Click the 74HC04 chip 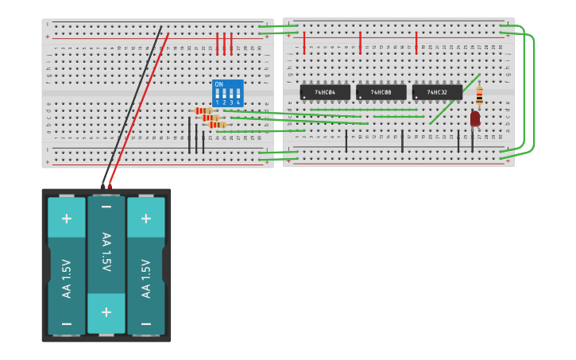click(325, 92)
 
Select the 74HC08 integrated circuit click(381, 92)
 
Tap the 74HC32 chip click(437, 92)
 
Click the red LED click(475, 118)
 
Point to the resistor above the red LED click(479, 95)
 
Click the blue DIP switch click(227, 93)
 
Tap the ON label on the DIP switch click(218, 84)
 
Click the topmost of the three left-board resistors click(203, 110)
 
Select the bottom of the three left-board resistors click(218, 125)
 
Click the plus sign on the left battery click(67, 219)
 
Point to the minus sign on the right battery click(146, 323)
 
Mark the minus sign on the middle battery click(106, 207)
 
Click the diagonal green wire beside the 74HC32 click(454, 99)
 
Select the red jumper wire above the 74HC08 click(360, 42)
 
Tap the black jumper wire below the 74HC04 click(346, 141)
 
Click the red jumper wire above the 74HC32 click(416, 42)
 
